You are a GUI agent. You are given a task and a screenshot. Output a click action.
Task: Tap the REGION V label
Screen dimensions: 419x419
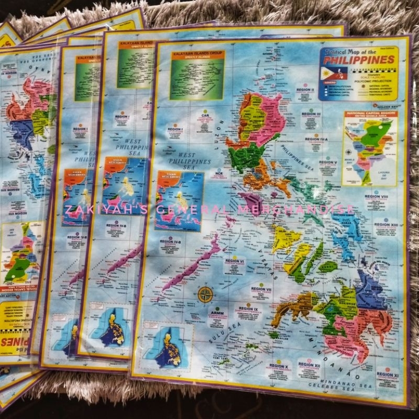(327, 162)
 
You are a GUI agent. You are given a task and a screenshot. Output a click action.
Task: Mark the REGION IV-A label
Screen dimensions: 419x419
(317, 139)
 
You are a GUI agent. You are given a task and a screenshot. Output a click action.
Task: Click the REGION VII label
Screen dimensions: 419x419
(260, 289)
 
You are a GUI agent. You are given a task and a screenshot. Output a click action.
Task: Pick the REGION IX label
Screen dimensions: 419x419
(249, 309)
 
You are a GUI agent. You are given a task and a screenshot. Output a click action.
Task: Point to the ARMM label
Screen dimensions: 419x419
(217, 313)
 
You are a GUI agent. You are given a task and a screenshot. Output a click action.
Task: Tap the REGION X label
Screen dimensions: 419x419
(279, 366)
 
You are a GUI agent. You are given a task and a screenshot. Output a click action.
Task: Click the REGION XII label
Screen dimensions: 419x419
(310, 364)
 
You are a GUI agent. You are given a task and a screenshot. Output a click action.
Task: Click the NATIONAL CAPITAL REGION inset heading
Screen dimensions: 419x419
(370, 113)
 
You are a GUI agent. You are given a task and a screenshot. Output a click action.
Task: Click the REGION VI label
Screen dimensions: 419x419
(235, 260)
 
